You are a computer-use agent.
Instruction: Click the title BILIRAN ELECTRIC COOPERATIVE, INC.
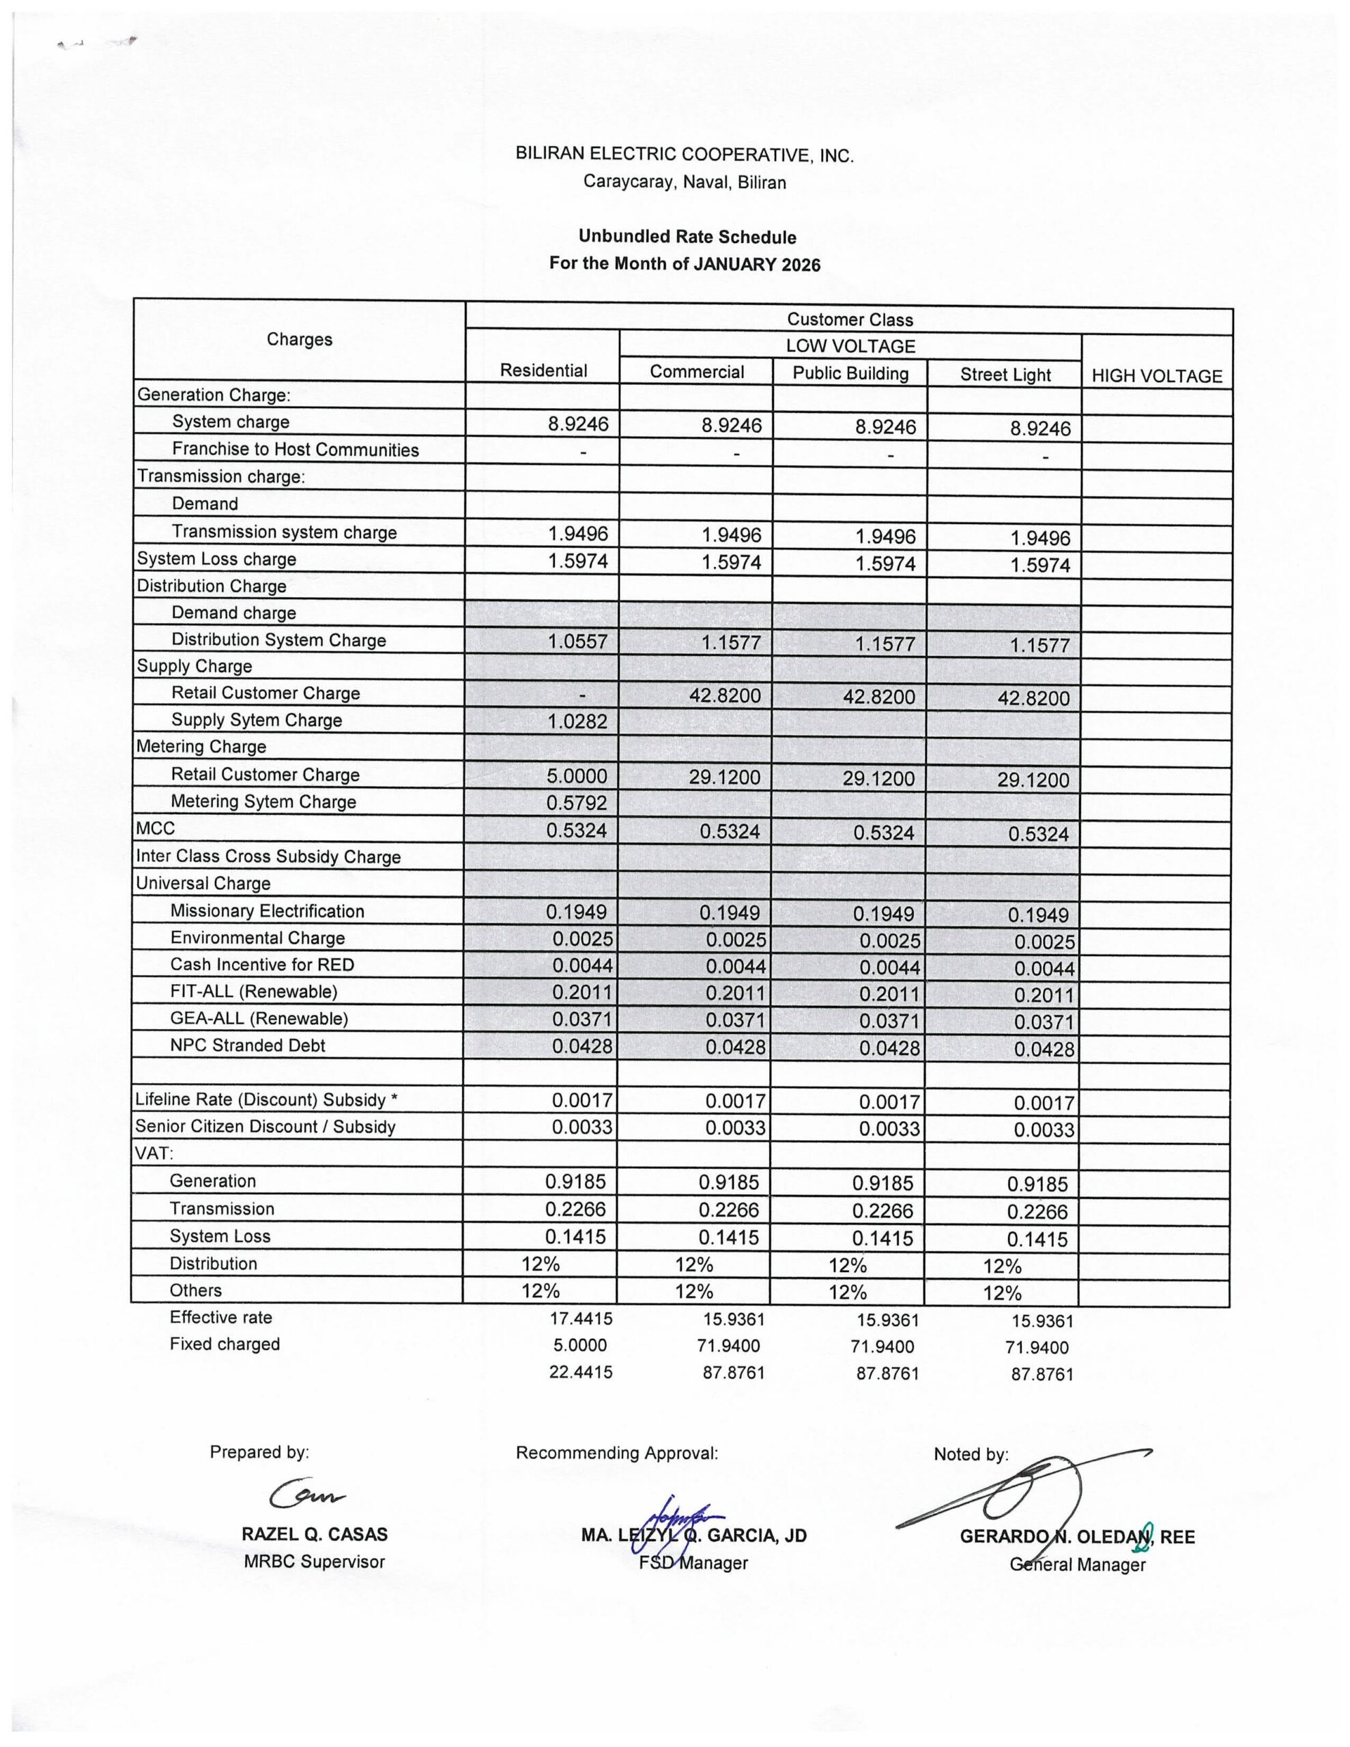684,155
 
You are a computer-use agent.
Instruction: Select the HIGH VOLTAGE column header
1156,376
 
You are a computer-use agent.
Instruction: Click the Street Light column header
1005,375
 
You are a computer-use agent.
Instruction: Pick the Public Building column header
850,373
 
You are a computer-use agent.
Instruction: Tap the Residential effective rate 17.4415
581,1318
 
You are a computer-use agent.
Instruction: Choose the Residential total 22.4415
581,1372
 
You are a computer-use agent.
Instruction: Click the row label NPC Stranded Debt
247,1045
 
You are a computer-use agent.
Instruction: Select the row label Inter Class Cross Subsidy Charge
268,856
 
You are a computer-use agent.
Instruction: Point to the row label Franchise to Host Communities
296,450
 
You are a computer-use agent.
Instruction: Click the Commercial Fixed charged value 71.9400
728,1346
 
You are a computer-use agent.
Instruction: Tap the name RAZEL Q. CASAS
315,1534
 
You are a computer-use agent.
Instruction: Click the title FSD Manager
693,1562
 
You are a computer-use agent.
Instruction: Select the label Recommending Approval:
617,1453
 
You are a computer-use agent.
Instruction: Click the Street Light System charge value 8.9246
1039,429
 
